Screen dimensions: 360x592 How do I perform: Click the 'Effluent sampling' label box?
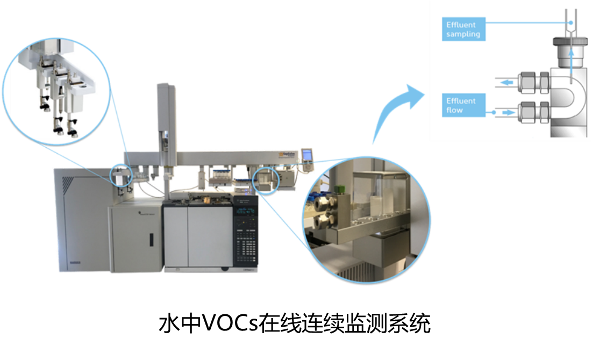click(463, 29)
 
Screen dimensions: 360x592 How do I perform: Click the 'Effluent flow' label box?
click(463, 106)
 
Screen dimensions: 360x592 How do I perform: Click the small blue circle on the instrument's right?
click(266, 179)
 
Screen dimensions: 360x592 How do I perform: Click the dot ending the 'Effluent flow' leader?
click(494, 112)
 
